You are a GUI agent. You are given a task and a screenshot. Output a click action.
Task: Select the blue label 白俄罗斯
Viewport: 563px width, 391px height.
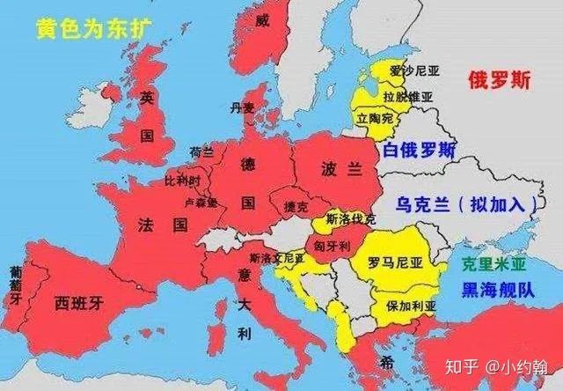[x=419, y=151]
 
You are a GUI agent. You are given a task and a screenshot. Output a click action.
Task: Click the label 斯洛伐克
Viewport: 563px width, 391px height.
[x=350, y=218]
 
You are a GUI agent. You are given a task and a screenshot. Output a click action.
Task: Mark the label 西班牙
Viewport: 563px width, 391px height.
[x=80, y=305]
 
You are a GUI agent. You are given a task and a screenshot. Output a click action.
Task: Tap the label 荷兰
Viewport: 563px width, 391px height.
[x=201, y=152]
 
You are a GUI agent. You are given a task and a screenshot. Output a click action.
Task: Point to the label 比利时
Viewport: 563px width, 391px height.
[x=183, y=180]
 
